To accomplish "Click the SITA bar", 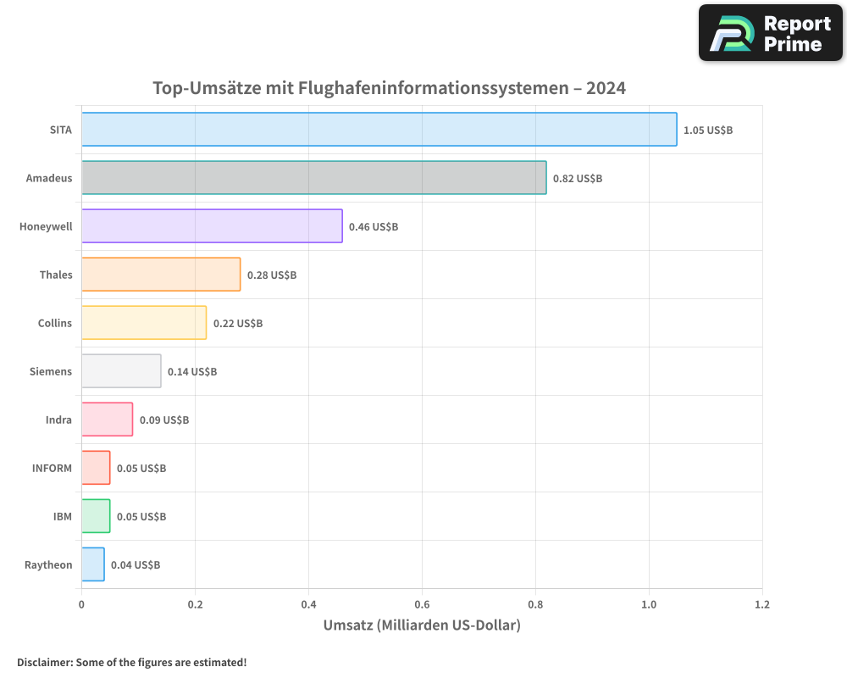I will [x=379, y=130].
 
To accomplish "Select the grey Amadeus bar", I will [x=313, y=178].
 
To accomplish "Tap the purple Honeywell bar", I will [x=212, y=226].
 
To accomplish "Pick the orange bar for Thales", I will [x=161, y=275].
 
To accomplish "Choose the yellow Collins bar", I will [x=144, y=323].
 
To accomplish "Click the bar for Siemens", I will [x=121, y=371].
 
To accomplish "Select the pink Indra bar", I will [x=107, y=420].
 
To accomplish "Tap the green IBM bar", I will [x=96, y=516].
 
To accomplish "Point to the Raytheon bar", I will [x=93, y=564].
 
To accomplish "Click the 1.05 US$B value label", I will [x=708, y=131].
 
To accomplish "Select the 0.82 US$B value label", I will [x=578, y=179].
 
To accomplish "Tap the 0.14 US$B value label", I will [x=192, y=372].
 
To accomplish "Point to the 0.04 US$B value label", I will [x=136, y=565].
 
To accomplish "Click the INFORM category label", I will [x=53, y=468].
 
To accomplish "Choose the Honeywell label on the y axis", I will [x=46, y=226].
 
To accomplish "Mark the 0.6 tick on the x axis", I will [x=422, y=605].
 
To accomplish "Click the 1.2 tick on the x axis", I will [x=762, y=605].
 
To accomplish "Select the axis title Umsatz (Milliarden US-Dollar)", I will [x=422, y=625].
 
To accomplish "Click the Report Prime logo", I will [x=771, y=33].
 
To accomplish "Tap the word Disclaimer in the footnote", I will [x=44, y=663].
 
